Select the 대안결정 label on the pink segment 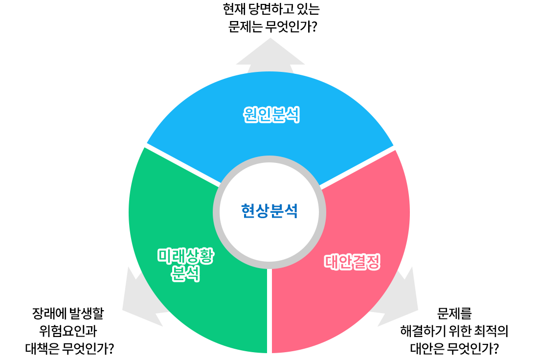pos(352,262)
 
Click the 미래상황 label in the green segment pos(185,256)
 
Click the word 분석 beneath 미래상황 pos(185,274)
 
